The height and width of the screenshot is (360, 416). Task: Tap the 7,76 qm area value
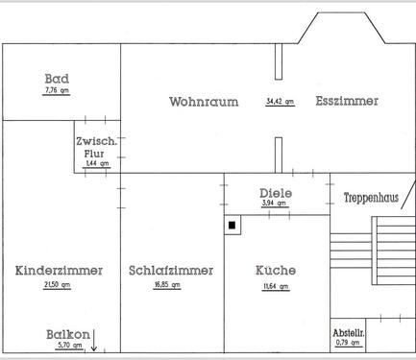click(58, 90)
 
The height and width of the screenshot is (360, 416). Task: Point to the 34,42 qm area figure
click(280, 101)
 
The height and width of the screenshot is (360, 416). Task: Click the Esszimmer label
click(347, 101)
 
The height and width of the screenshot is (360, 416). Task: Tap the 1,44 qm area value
click(97, 164)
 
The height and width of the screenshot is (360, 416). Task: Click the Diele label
click(276, 192)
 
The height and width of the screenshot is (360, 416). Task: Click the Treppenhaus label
click(372, 198)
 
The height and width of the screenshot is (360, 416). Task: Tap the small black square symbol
click(232, 227)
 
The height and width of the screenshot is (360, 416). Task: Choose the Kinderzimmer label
click(60, 271)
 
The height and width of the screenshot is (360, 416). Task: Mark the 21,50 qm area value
click(59, 287)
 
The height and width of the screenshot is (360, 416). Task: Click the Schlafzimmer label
click(171, 271)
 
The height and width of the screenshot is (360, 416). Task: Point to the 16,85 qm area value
click(171, 287)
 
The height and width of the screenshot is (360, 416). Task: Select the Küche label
click(276, 271)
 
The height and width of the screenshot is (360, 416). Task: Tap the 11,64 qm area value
click(276, 287)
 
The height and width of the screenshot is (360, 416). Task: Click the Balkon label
click(67, 334)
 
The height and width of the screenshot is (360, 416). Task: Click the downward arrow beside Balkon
click(94, 338)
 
